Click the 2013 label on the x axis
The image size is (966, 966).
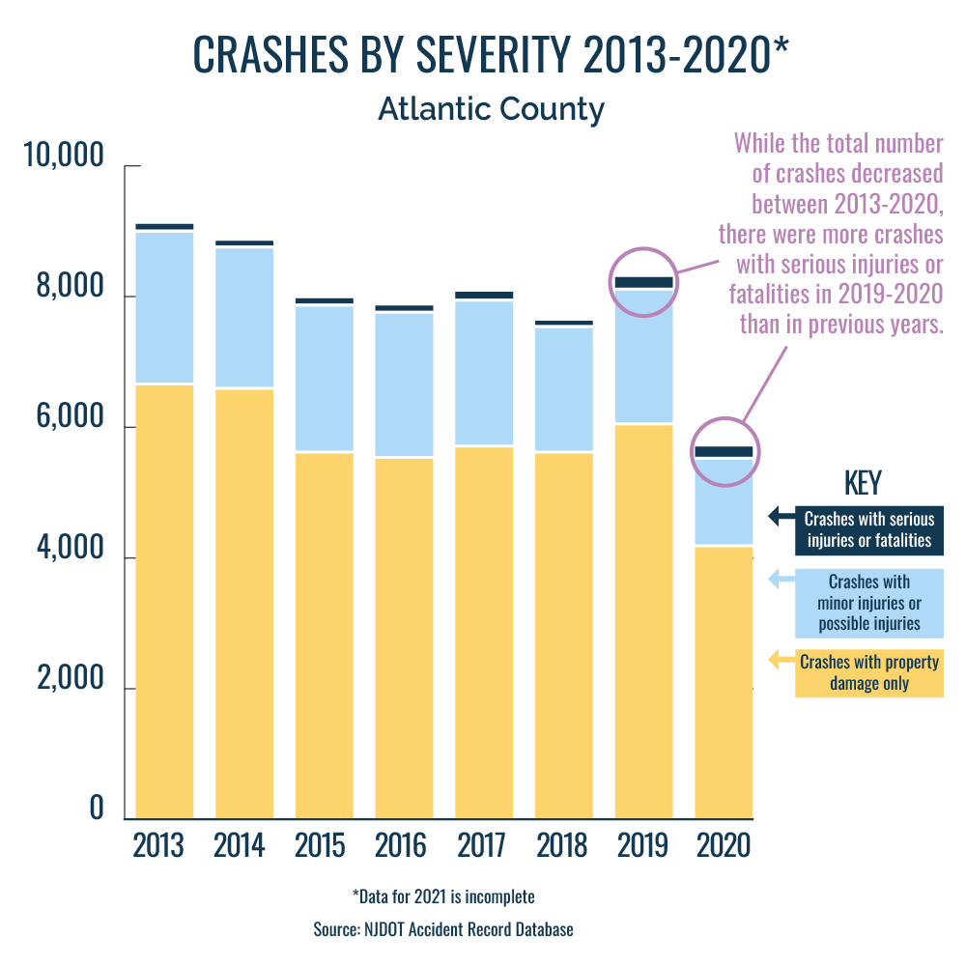click(x=158, y=845)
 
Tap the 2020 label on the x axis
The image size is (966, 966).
click(x=724, y=845)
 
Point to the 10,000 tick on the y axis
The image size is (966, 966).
click(x=62, y=156)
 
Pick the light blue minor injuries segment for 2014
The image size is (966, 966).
click(x=244, y=318)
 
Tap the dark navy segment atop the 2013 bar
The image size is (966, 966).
click(x=164, y=226)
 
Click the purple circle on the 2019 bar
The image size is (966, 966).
click(x=644, y=282)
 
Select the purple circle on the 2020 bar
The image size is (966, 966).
click(x=724, y=451)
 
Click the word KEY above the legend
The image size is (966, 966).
click(x=863, y=483)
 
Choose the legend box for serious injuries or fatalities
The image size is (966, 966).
click(x=868, y=529)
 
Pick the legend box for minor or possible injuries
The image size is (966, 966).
click(x=868, y=603)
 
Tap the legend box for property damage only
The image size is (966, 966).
click(x=868, y=673)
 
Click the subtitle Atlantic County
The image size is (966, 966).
click(x=491, y=109)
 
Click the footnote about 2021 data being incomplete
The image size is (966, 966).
click(x=443, y=896)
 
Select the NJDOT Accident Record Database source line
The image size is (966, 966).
click(x=443, y=929)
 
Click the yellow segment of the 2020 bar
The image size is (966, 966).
click(x=724, y=681)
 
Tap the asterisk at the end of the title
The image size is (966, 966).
click(x=781, y=48)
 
